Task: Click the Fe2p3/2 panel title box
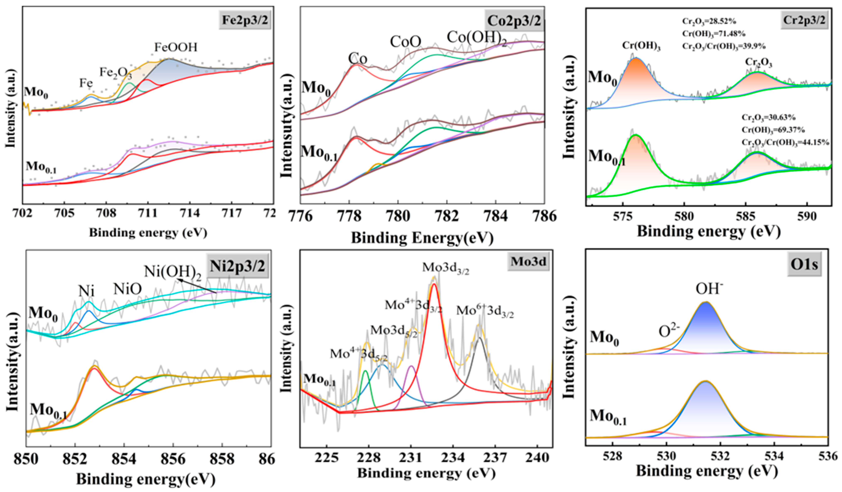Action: tap(245, 20)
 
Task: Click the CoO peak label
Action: tap(405, 42)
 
